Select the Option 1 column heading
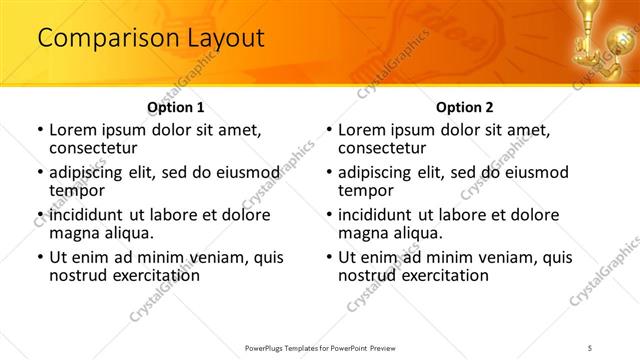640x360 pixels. click(176, 107)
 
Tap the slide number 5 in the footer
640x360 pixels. click(591, 347)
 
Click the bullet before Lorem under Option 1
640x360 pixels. click(39, 130)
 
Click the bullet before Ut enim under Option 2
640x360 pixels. click(328, 257)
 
